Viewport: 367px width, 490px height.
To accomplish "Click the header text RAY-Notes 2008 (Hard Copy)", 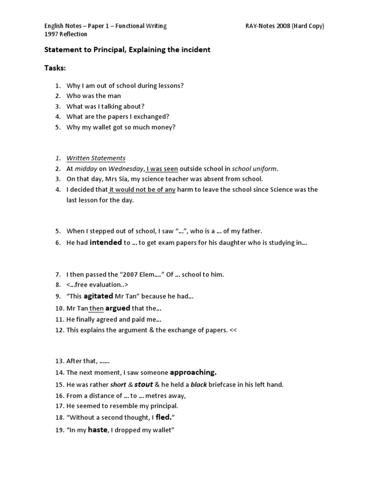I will click(x=284, y=26).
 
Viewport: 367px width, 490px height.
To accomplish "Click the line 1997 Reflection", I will click(x=66, y=34).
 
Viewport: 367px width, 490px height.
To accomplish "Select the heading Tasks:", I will click(x=55, y=68).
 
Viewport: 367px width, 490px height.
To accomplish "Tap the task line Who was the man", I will click(x=94, y=96).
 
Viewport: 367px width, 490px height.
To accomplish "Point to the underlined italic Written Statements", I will click(x=96, y=158).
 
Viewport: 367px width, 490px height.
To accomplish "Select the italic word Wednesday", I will click(x=126, y=168).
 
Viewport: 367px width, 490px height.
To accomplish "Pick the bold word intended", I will click(x=106, y=243).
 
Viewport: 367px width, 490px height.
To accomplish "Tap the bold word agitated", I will click(x=98, y=296).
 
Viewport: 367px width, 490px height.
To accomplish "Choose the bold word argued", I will click(x=118, y=309).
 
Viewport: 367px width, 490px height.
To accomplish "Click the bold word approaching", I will click(x=193, y=372).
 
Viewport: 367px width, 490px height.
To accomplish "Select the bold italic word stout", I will click(x=144, y=384).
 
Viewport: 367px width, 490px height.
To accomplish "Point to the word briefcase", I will click(x=227, y=384).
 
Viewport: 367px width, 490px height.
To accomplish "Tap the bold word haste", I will click(x=98, y=430).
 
